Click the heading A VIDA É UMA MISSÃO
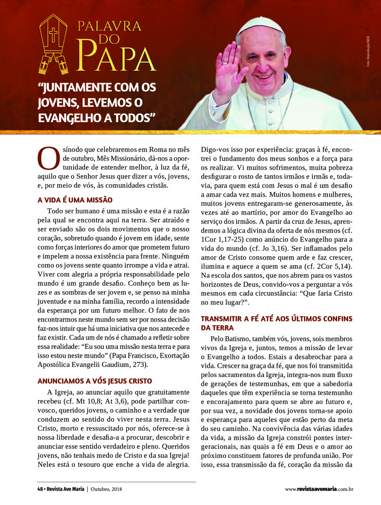(x=75, y=200)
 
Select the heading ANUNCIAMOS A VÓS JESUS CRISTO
(x=95, y=381)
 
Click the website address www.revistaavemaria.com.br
(x=319, y=489)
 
